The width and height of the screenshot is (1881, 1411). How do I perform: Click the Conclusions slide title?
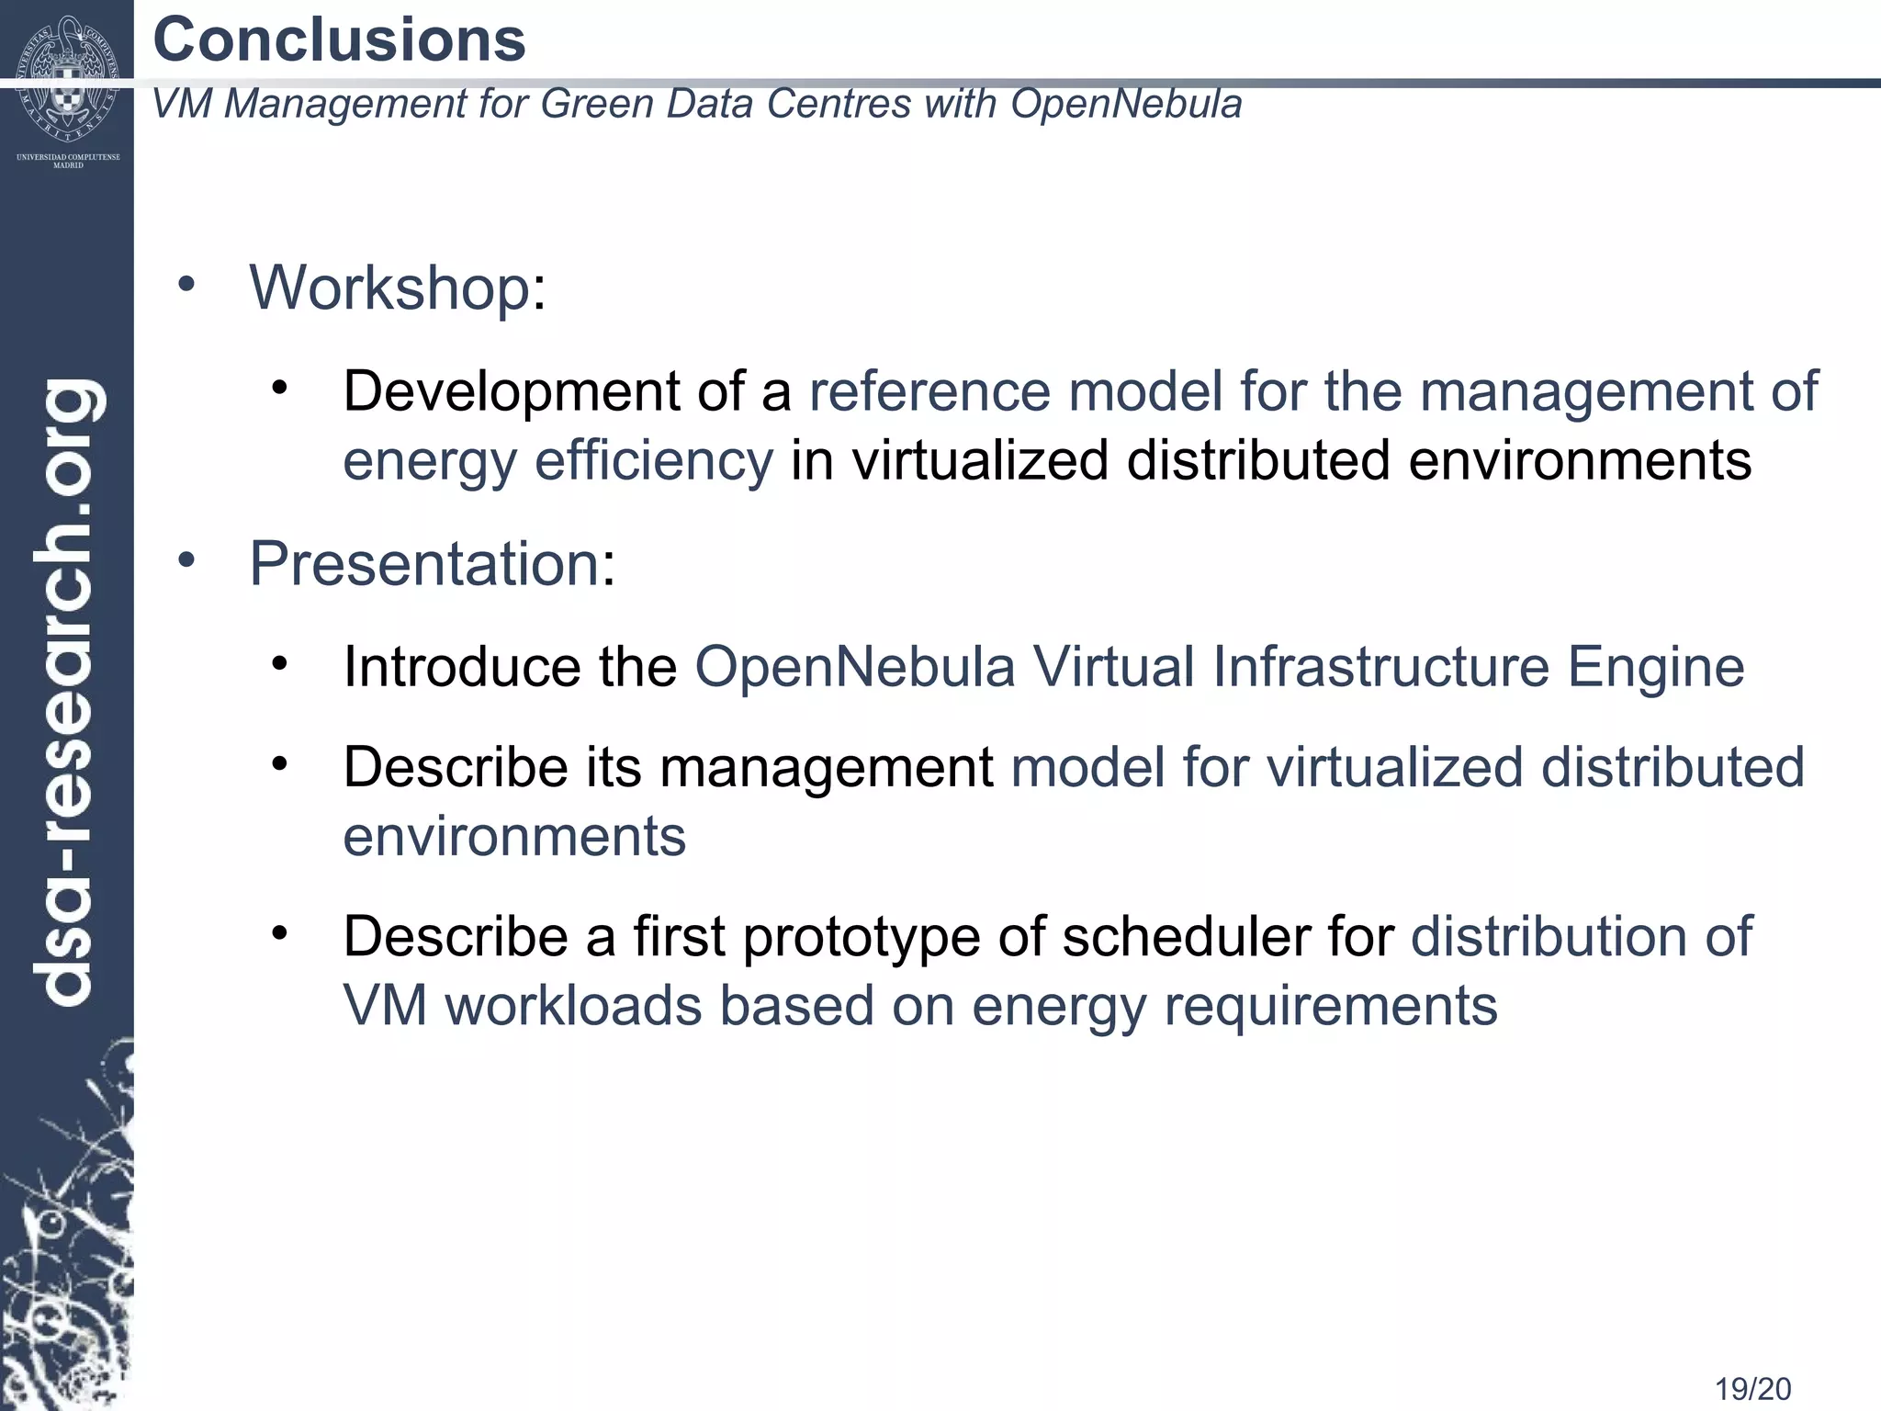[x=339, y=40]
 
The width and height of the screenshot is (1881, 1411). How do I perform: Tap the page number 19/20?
[x=1752, y=1389]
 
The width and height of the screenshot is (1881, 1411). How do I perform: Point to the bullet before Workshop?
[x=186, y=284]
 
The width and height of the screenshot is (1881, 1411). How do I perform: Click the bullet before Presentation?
[x=186, y=559]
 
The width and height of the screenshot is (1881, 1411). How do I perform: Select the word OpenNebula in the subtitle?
[x=1126, y=103]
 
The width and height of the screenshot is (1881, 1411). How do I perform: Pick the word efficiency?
[x=654, y=460]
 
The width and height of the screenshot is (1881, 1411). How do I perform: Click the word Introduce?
[x=462, y=667]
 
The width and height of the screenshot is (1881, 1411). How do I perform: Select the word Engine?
[x=1655, y=667]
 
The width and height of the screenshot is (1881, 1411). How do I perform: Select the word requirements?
[x=1331, y=1006]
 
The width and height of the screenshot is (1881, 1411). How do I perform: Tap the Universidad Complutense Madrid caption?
[x=68, y=161]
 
